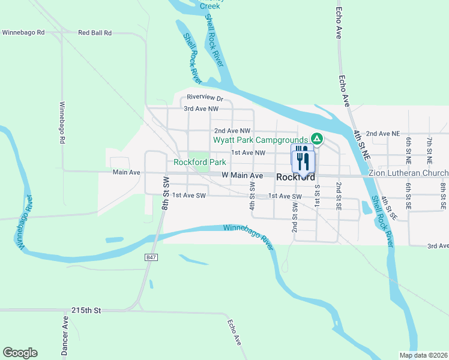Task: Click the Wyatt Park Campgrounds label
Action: click(261, 140)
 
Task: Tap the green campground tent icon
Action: click(316, 139)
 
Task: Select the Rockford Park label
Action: click(200, 162)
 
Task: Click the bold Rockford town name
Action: click(295, 177)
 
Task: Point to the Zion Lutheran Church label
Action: click(408, 173)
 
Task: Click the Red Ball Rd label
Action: click(95, 33)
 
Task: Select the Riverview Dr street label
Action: click(205, 97)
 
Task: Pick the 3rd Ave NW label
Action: click(200, 109)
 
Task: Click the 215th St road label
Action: click(86, 310)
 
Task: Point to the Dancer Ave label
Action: click(65, 329)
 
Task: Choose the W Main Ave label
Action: click(243, 175)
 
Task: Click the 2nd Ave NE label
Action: click(382, 133)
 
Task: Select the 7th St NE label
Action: click(429, 150)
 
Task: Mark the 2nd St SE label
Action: click(339, 196)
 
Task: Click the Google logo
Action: click(20, 353)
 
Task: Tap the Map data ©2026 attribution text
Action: click(423, 355)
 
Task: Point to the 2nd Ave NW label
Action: click(232, 130)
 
